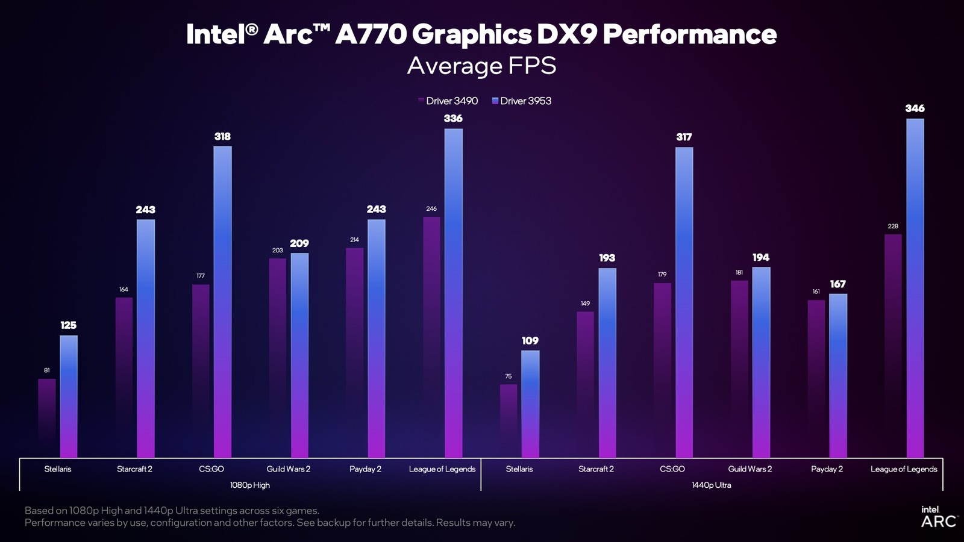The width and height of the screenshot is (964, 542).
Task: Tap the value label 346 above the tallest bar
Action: pyautogui.click(x=915, y=108)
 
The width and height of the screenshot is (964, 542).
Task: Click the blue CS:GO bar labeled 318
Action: pyautogui.click(x=222, y=301)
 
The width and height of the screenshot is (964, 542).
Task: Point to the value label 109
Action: pyautogui.click(x=530, y=341)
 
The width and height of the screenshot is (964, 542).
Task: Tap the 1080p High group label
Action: pyautogui.click(x=250, y=485)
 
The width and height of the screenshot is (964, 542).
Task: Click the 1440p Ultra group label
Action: pyautogui.click(x=711, y=485)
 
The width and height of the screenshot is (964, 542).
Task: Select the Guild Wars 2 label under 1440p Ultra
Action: pyautogui.click(x=750, y=469)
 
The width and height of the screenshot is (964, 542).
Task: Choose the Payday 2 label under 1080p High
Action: pyautogui.click(x=365, y=469)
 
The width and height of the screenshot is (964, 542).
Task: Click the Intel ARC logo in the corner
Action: pyautogui.click(x=939, y=517)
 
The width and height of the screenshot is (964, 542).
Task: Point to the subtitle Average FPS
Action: pyautogui.click(x=481, y=66)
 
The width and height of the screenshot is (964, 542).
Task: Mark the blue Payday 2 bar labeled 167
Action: pyautogui.click(x=837, y=376)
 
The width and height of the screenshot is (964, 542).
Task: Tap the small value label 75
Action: pyautogui.click(x=508, y=376)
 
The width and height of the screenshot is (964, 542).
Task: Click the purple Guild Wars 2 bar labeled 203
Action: pyautogui.click(x=277, y=358)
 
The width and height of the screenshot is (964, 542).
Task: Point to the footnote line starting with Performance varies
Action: pyautogui.click(x=269, y=523)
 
